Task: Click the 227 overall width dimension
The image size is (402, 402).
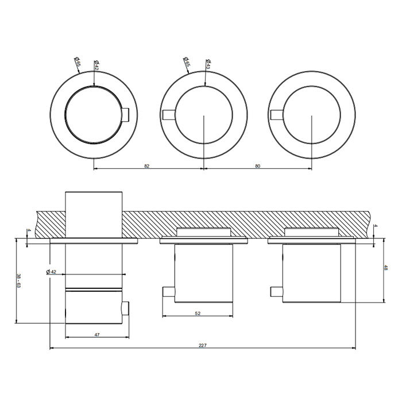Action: click(203, 345)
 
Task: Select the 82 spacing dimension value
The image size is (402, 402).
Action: click(146, 166)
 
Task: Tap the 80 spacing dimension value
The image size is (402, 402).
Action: click(258, 166)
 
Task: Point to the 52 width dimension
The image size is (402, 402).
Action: click(198, 313)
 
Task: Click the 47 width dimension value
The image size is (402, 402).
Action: click(97, 335)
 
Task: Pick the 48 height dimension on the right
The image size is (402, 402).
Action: click(385, 268)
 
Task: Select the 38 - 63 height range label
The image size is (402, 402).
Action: click(18, 280)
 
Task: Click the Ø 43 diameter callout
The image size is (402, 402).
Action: click(208, 64)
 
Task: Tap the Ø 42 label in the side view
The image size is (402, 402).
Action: click(51, 272)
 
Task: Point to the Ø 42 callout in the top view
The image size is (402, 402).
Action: click(96, 65)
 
